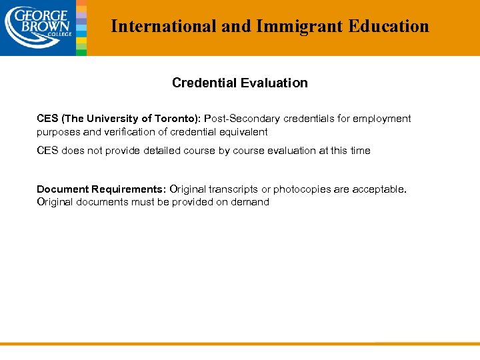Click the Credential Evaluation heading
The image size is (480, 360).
coord(239,83)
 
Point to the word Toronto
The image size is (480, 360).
coord(176,119)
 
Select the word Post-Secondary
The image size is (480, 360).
coord(242,119)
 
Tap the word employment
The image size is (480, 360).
coord(382,119)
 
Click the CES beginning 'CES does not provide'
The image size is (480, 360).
coord(47,151)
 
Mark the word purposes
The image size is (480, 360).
coord(58,132)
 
